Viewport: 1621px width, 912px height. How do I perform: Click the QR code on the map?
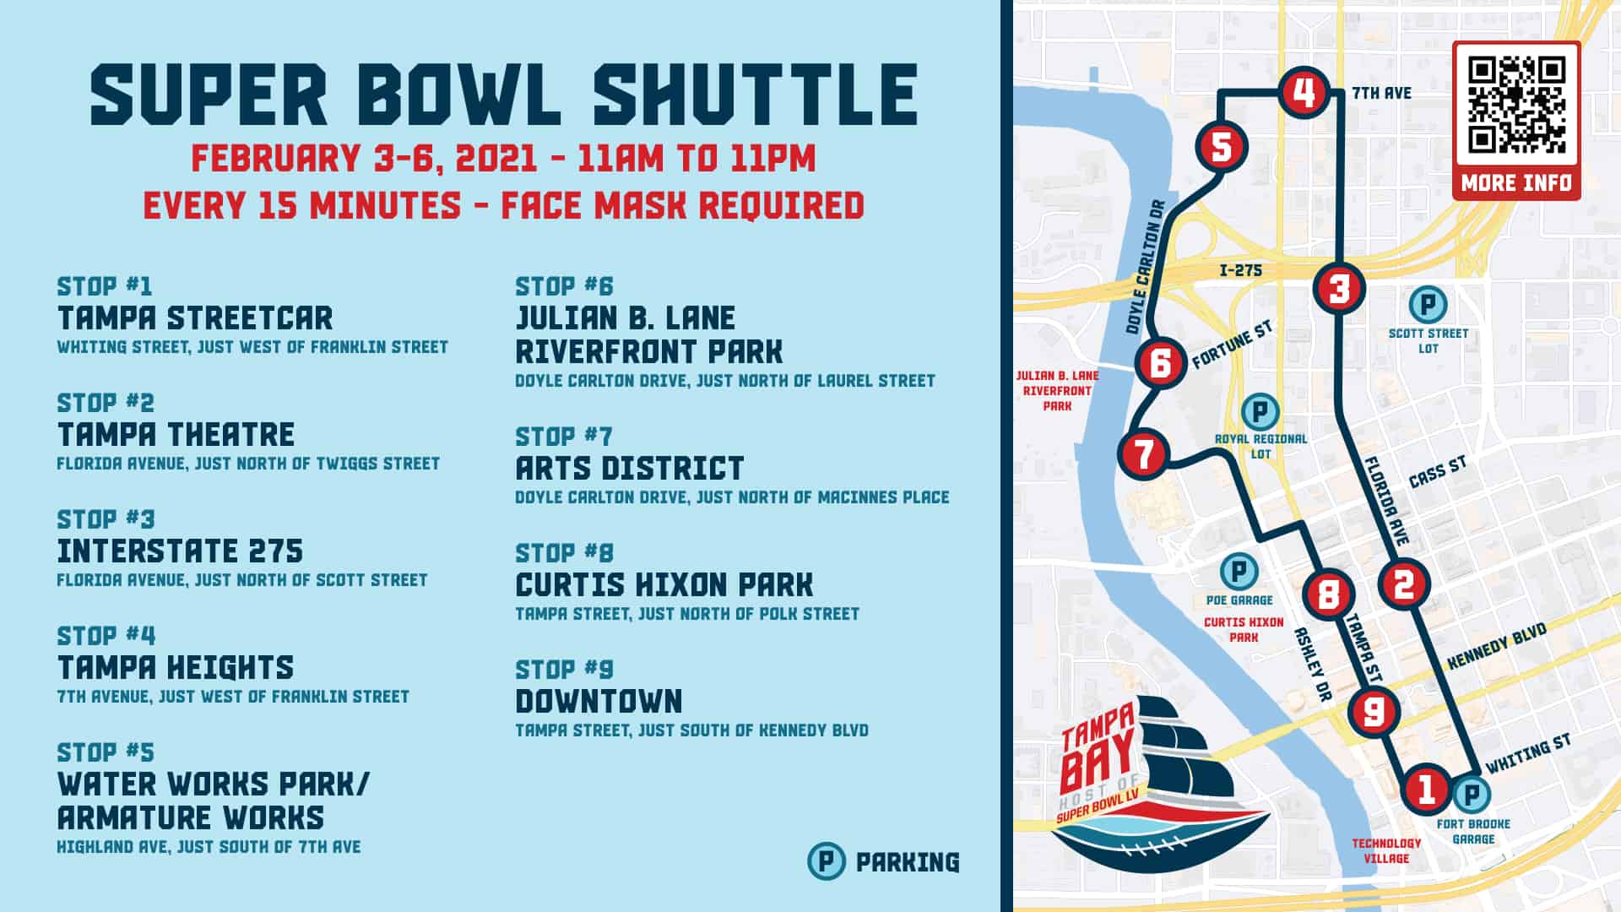[x=1516, y=105]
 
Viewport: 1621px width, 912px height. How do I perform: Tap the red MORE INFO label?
[x=1516, y=182]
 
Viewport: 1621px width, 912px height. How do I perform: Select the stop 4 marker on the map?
[x=1304, y=92]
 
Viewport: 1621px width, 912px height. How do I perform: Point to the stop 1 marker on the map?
[x=1427, y=789]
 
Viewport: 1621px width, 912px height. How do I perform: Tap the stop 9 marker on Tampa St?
[x=1374, y=711]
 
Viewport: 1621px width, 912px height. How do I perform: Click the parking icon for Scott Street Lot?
[x=1428, y=304]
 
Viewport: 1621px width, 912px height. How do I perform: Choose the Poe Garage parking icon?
[x=1239, y=571]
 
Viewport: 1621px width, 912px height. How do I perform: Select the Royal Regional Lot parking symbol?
[x=1260, y=412]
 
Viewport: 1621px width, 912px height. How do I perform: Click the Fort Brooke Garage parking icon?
[x=1471, y=794]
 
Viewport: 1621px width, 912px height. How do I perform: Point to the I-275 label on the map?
[x=1240, y=270]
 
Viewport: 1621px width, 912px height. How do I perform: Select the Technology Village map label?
[x=1386, y=850]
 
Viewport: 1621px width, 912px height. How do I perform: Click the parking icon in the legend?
[x=826, y=861]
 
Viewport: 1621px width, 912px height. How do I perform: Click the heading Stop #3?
[x=106, y=518]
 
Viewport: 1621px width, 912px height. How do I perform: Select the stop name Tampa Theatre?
[x=176, y=434]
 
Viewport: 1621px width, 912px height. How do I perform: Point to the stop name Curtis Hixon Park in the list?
[x=664, y=584]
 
